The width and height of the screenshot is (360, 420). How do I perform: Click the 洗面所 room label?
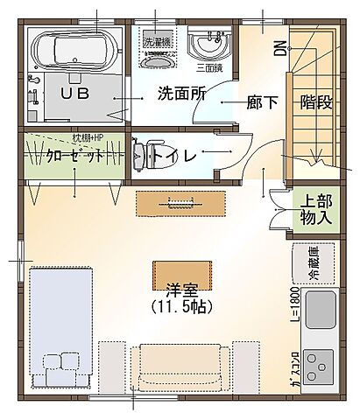180,94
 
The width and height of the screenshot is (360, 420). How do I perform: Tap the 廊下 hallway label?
262,101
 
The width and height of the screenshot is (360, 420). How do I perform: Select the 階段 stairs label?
314,101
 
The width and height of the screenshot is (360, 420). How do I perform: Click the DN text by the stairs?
279,47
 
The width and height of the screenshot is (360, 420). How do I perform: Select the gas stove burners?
318,362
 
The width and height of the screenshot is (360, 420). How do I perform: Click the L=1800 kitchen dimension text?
296,306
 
